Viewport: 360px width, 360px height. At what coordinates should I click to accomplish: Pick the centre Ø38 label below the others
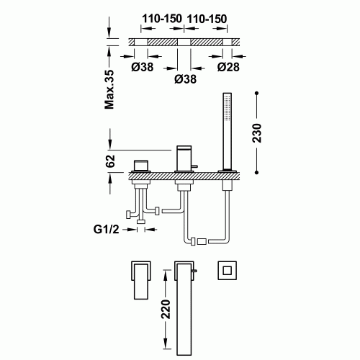(x=186, y=80)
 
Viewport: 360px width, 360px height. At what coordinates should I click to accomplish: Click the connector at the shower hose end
(x=202, y=238)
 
